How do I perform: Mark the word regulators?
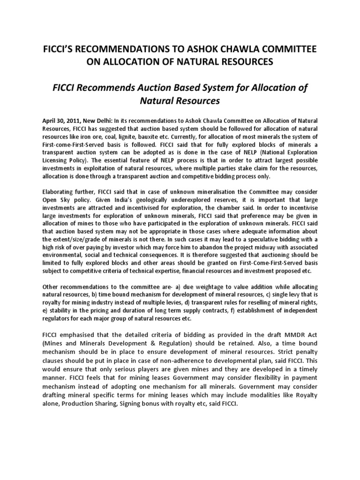click(58, 318)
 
